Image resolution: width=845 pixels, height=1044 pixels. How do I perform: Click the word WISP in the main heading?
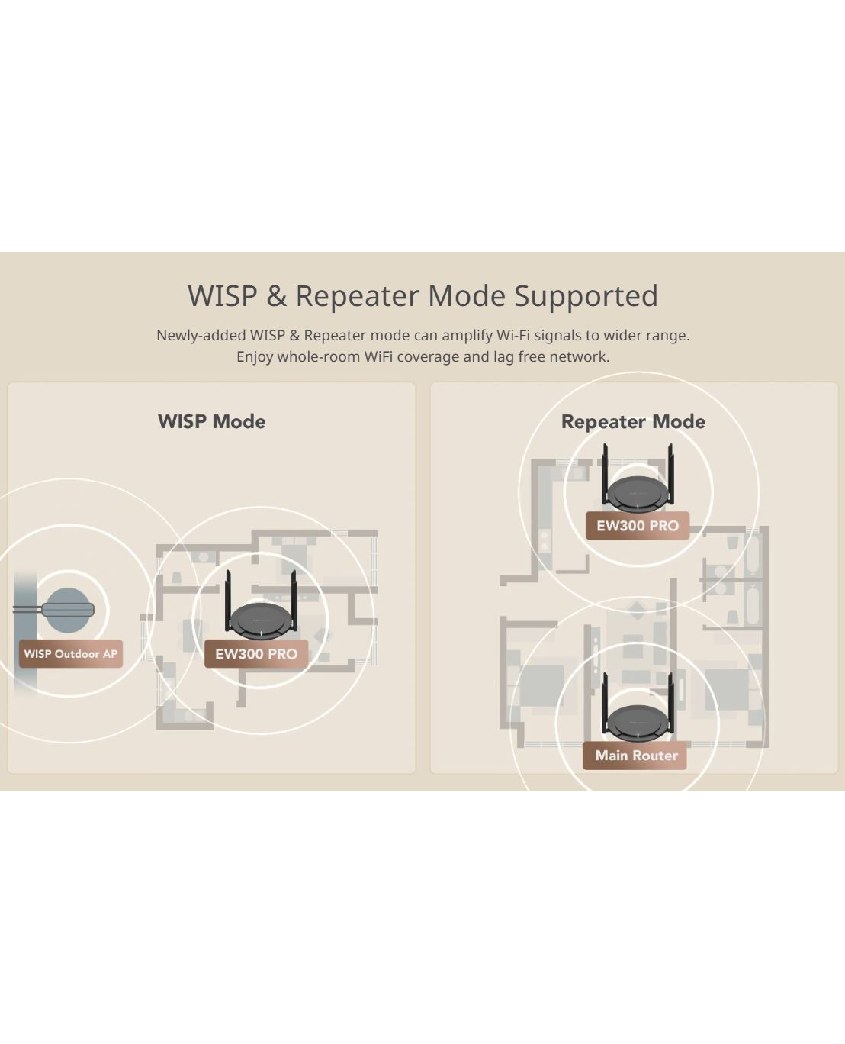[x=223, y=296]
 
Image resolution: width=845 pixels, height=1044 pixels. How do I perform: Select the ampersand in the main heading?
[x=276, y=296]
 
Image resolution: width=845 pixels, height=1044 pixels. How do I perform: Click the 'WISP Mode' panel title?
[x=211, y=421]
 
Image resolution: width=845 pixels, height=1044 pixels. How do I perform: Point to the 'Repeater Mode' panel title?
[x=633, y=421]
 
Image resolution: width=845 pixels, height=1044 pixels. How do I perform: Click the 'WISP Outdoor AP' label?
[x=71, y=653]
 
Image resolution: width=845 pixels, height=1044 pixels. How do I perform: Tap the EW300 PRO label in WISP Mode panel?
[x=256, y=653]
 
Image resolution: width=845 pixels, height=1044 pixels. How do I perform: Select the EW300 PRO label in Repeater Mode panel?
[x=638, y=525]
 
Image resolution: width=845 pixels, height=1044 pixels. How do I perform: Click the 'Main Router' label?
[x=636, y=755]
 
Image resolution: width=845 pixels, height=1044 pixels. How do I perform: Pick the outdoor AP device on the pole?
[x=68, y=610]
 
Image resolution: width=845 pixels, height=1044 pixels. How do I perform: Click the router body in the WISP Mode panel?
[x=260, y=621]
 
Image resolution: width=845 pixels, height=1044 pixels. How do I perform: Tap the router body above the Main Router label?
[x=637, y=722]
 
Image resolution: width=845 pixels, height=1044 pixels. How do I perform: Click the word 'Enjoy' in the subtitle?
[x=255, y=356]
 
